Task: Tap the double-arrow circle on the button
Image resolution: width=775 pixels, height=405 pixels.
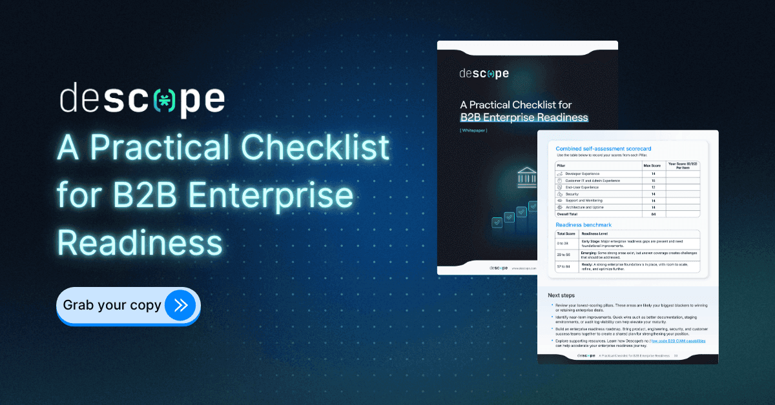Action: pos(181,305)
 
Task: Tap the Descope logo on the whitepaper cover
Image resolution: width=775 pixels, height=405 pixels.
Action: pos(484,74)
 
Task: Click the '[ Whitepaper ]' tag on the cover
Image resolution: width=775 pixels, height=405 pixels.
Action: pos(473,130)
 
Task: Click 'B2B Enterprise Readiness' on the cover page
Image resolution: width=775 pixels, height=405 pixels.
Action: pos(524,117)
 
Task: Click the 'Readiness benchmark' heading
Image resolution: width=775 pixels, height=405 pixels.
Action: pos(583,224)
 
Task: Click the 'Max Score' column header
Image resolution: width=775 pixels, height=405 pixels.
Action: pos(652,166)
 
